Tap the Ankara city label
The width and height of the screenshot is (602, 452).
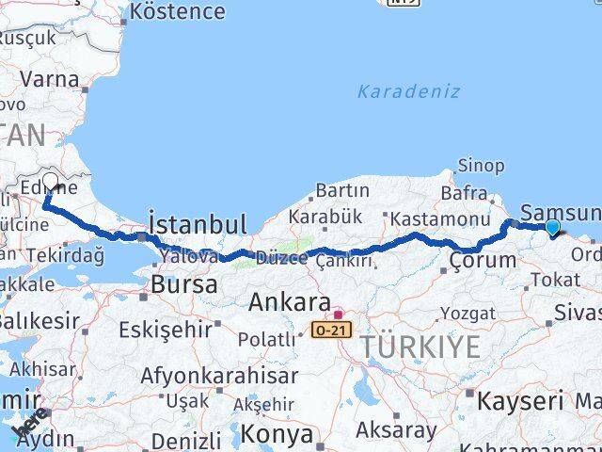(289, 303)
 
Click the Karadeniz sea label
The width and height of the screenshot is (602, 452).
(408, 91)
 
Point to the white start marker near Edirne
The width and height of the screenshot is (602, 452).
(49, 182)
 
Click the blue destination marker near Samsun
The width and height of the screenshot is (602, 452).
(552, 226)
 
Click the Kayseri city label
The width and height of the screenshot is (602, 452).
(520, 400)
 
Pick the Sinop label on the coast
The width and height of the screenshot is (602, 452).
(480, 166)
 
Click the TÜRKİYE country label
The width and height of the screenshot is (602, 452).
(420, 347)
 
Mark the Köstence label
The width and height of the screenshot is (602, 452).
(178, 11)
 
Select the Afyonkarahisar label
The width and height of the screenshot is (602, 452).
(220, 376)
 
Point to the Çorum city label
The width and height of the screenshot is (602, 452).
(483, 260)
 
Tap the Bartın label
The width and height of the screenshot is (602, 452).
(341, 190)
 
